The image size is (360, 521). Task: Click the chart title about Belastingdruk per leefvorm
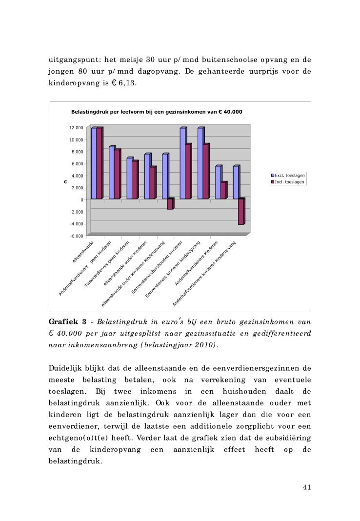point(157,112)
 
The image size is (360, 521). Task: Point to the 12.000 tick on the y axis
point(76,128)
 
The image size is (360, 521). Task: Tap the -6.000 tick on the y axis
point(76,236)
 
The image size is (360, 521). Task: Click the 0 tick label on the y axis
point(82,200)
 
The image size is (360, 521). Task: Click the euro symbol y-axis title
point(64,182)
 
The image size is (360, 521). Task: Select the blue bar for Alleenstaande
point(94,163)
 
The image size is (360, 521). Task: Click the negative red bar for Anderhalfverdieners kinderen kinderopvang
point(241,211)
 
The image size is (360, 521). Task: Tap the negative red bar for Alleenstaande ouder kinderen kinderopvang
point(170,204)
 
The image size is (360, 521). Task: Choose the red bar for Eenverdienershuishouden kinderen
point(188,172)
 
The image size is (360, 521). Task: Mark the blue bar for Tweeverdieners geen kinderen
point(129,179)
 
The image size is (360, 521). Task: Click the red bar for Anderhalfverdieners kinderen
point(223,190)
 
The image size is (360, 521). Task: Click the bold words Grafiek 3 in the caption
point(68,322)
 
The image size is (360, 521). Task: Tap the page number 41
point(306,487)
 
